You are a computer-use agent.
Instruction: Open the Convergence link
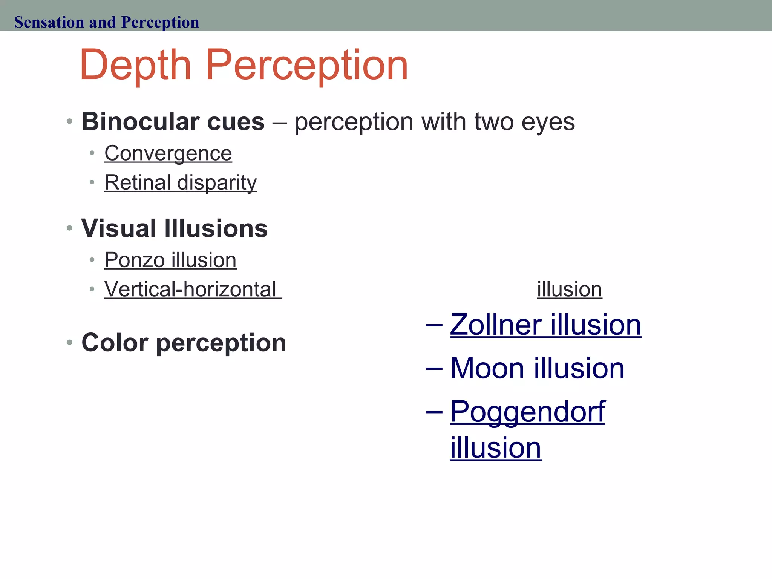click(x=168, y=153)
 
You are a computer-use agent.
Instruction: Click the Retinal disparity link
click(x=181, y=183)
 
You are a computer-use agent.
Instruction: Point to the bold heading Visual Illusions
click(x=174, y=228)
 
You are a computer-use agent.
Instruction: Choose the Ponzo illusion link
click(x=170, y=260)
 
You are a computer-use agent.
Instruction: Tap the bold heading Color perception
click(x=184, y=343)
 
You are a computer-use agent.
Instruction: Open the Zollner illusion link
click(x=545, y=325)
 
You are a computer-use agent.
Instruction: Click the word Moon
click(x=487, y=368)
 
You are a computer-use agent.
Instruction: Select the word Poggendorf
click(x=527, y=412)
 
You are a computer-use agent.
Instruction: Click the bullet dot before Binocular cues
click(x=69, y=122)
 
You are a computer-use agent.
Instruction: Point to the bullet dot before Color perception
click(x=69, y=343)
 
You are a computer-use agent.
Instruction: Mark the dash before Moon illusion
click(x=433, y=368)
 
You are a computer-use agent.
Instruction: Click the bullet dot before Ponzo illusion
click(x=92, y=260)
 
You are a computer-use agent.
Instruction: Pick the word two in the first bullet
click(x=494, y=123)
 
